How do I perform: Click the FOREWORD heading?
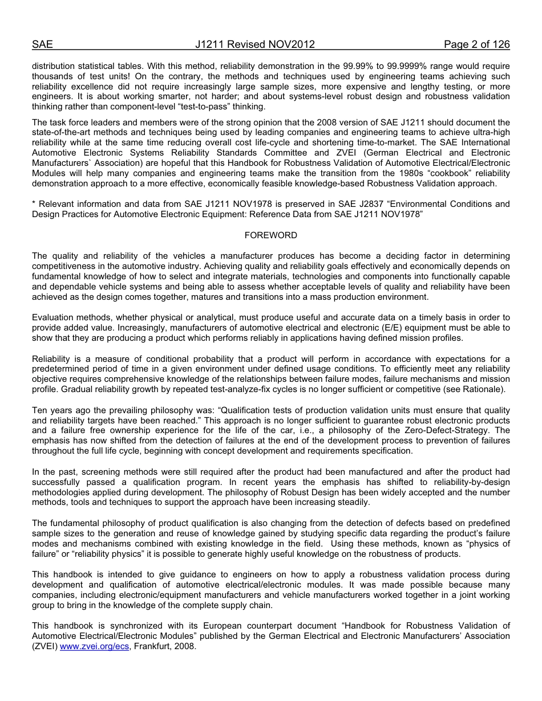click(270, 235)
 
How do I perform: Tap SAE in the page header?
click(42, 44)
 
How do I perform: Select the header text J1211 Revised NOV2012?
click(254, 44)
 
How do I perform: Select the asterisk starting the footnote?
click(34, 204)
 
